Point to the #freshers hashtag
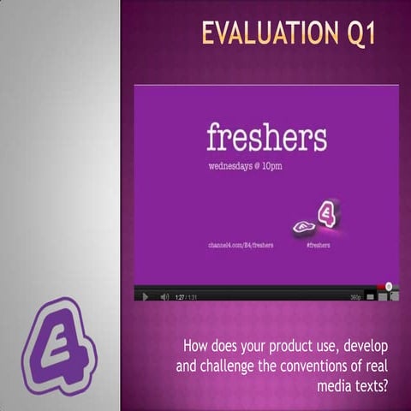pos(318,244)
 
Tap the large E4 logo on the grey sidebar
pos(58,342)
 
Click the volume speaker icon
pos(163,296)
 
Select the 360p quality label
pos(355,296)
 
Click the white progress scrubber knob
pos(389,287)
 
